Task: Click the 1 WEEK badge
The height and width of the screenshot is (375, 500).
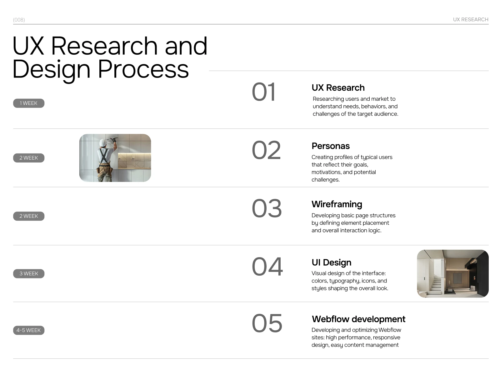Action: [29, 103]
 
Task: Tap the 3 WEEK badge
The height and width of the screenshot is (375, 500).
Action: [29, 273]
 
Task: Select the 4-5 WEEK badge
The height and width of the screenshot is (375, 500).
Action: [29, 330]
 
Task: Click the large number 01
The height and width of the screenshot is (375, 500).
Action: [264, 92]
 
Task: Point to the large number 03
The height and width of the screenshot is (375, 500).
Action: [267, 208]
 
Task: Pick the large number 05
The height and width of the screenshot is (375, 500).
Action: [267, 323]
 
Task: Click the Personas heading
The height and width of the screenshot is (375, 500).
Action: [331, 146]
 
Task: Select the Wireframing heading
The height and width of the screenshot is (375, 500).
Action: [337, 204]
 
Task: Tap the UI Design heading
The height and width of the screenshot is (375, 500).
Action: [331, 262]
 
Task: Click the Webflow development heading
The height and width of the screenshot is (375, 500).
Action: [358, 319]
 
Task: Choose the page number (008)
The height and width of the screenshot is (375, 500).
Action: [19, 20]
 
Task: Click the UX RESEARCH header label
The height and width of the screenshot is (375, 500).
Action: [471, 19]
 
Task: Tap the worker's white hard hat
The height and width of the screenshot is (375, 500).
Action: [103, 142]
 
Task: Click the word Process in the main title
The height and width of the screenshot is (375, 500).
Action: [143, 69]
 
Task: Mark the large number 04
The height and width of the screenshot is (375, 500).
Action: [267, 267]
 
